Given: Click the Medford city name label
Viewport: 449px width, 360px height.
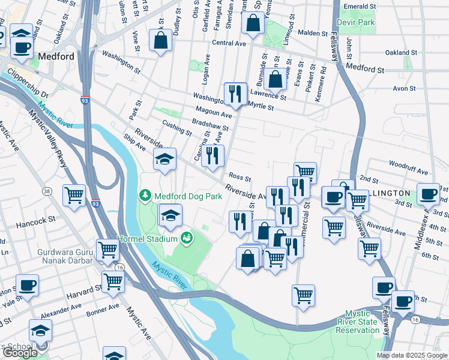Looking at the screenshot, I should pyautogui.click(x=56, y=56).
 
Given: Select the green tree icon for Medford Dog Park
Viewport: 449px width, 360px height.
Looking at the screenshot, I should pyautogui.click(x=145, y=195).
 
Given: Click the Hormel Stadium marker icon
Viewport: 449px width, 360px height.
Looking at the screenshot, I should pyautogui.click(x=187, y=238).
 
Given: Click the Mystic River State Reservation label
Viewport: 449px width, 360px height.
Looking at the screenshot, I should pyautogui.click(x=370, y=322).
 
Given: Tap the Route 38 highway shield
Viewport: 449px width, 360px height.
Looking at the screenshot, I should pyautogui.click(x=46, y=191).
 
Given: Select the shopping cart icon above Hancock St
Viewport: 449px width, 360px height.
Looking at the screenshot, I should pyautogui.click(x=74, y=195).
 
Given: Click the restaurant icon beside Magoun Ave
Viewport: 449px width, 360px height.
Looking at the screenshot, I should pyautogui.click(x=235, y=93).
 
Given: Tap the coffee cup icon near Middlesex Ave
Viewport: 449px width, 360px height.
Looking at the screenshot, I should pyautogui.click(x=428, y=193).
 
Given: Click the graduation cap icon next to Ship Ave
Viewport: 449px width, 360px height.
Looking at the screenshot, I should pyautogui.click(x=164, y=159).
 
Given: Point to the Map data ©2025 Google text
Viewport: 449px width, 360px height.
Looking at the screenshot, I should pyautogui.click(x=412, y=355).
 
